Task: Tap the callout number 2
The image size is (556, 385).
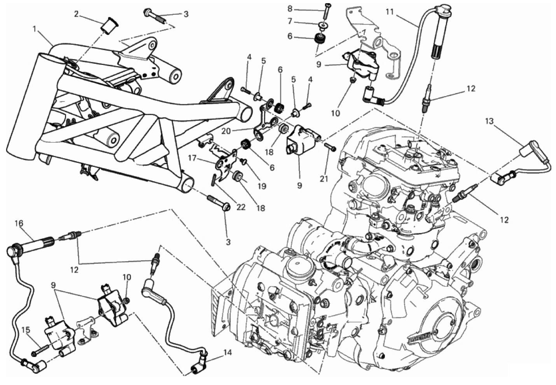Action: [76, 14]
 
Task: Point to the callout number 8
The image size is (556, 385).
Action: [290, 9]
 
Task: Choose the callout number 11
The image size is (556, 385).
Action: [390, 12]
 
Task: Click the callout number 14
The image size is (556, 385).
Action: [227, 352]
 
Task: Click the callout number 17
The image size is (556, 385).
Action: [192, 157]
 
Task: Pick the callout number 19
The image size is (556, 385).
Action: [262, 186]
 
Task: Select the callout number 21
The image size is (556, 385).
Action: [323, 178]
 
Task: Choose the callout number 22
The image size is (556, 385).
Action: [241, 207]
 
